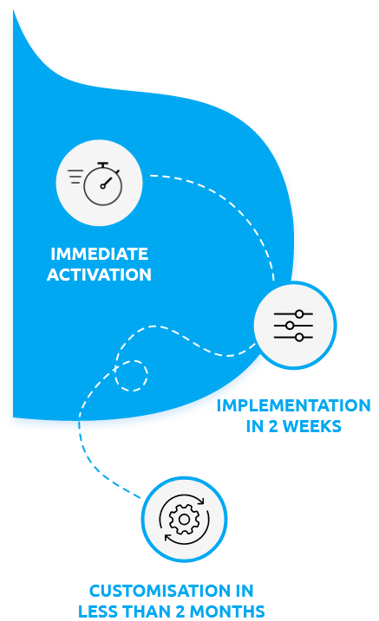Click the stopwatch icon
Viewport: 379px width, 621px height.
pos(103,183)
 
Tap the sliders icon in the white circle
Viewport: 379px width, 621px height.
pos(295,325)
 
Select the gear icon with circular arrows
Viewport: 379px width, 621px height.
pos(184,519)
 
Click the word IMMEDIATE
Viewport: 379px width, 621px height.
pos(99,255)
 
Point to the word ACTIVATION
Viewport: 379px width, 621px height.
pos(99,275)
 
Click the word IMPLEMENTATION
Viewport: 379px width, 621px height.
pos(293,405)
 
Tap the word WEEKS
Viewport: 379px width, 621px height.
pos(310,426)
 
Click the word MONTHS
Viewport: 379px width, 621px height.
pos(229,611)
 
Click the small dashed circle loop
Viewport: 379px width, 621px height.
pos(132,375)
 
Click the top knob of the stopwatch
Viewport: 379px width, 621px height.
pos(103,164)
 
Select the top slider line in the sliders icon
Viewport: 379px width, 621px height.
pos(295,314)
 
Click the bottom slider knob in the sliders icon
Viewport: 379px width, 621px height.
pos(299,337)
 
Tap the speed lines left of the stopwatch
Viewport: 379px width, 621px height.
pos(76,178)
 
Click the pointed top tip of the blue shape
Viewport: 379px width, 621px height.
pos(12,15)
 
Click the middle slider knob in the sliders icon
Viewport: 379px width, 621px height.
pos(290,325)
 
